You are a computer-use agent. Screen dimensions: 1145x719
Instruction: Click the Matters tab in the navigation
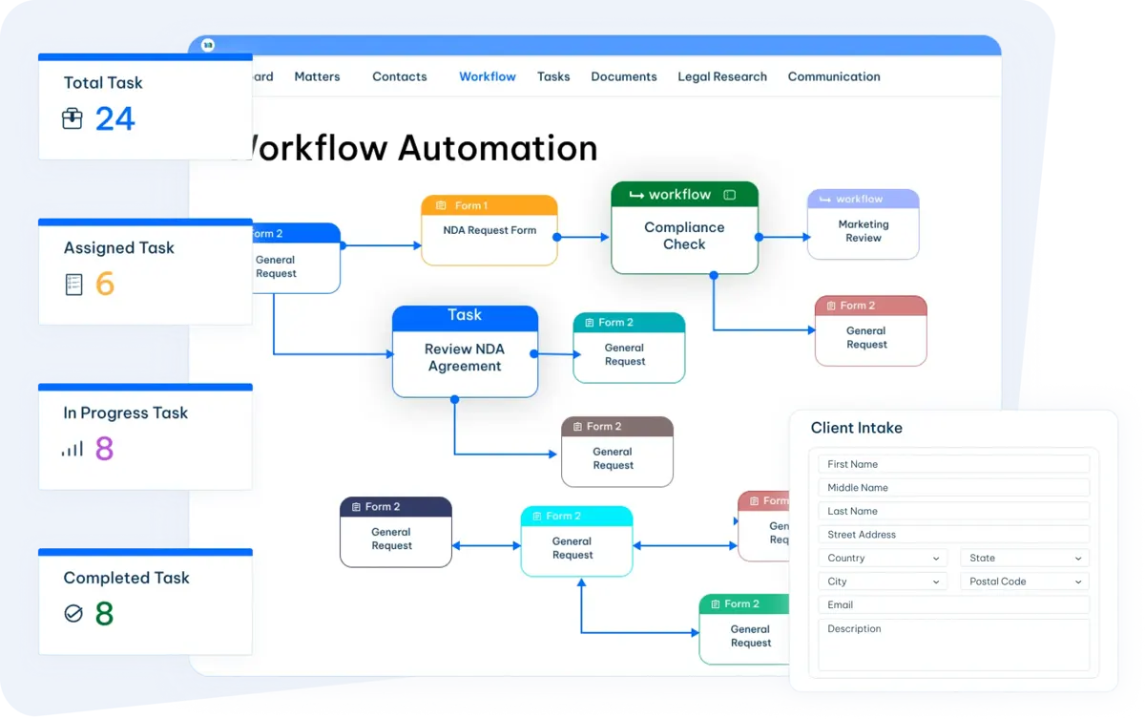(317, 76)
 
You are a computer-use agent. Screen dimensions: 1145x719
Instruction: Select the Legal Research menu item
(722, 76)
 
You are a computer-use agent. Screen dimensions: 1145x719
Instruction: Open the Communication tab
(834, 76)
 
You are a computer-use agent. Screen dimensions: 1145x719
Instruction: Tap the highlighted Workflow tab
(488, 76)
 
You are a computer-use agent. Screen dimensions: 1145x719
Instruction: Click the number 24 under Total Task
(115, 119)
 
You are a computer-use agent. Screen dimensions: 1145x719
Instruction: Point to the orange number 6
(105, 284)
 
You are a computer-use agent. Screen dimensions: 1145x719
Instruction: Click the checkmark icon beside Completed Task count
(73, 613)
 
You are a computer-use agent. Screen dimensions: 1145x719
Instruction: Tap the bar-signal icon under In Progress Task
(73, 449)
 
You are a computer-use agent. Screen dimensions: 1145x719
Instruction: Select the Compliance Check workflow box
(684, 227)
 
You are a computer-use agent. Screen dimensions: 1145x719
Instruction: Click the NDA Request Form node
(489, 230)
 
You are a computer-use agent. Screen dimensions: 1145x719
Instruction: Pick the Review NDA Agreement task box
(465, 351)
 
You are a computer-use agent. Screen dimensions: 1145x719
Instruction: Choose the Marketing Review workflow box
(864, 224)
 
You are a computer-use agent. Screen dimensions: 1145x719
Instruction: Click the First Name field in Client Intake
(954, 464)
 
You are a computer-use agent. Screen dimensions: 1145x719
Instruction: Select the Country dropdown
(883, 558)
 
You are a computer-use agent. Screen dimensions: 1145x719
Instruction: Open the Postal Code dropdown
(1025, 582)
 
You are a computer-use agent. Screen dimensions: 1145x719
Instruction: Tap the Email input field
(954, 605)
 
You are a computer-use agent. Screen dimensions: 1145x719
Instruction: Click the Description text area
(954, 645)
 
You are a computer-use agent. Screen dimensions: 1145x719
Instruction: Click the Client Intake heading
(857, 428)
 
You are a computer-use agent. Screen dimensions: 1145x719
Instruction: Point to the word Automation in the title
(497, 148)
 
